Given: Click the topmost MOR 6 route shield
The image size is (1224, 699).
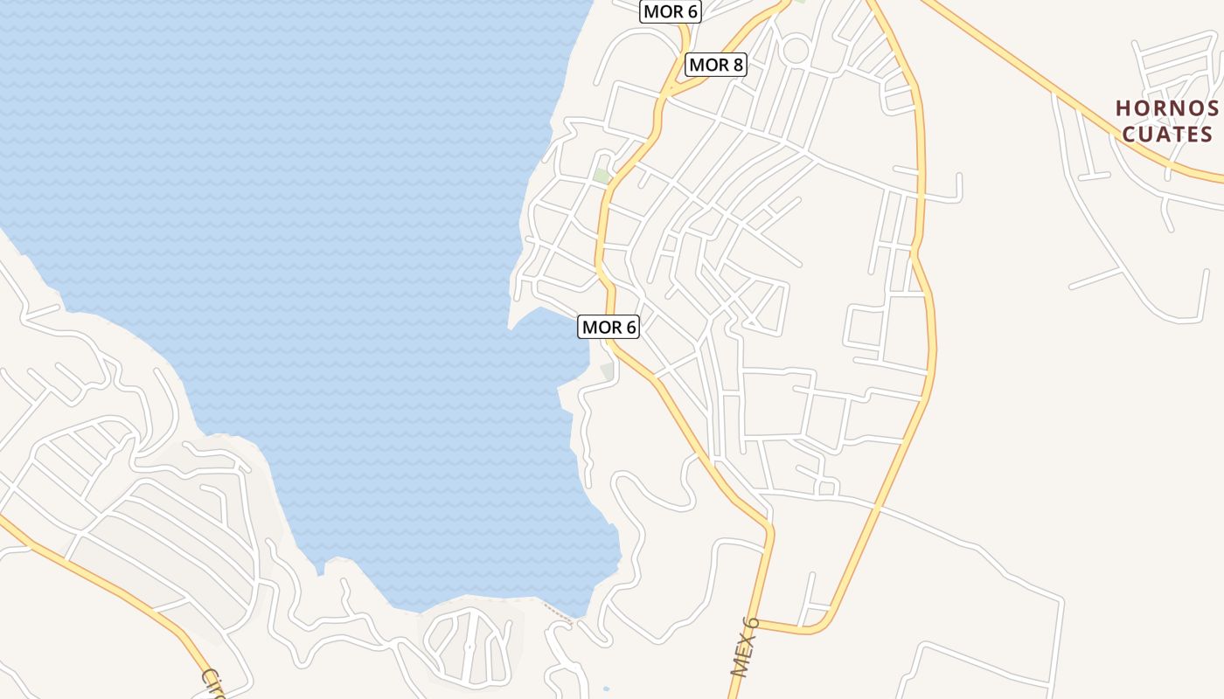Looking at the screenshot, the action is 671,12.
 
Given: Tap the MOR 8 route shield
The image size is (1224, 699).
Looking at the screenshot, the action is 716,65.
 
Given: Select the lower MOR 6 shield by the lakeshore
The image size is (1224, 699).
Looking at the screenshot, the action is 609,328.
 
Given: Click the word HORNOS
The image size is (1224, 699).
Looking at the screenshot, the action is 1167,108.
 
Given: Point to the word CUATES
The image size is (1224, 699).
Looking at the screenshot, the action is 1167,134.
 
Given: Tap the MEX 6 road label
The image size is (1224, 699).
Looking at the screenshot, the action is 744,647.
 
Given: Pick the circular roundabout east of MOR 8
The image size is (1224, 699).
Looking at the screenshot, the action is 795,49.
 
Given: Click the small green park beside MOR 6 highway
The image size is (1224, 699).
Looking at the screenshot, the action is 602,176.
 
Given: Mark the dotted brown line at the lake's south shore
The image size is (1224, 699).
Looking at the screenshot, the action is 556,611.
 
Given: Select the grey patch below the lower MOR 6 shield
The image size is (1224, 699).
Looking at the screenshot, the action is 607,371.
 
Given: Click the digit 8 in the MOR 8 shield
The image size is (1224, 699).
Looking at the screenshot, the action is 738,65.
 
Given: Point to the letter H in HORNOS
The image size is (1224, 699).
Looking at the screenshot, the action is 1123,108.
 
